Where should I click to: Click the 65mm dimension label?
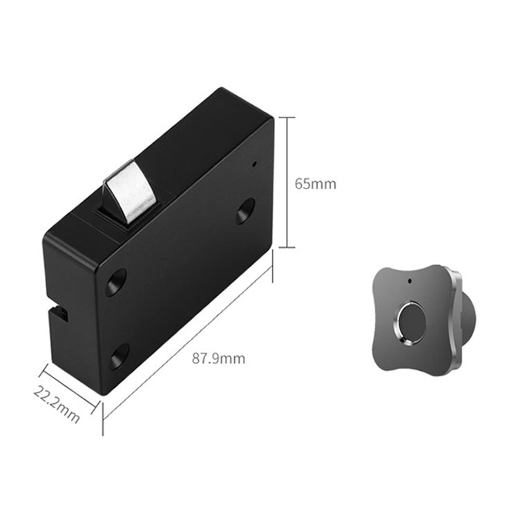click(x=315, y=184)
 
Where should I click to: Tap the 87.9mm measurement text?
click(x=218, y=358)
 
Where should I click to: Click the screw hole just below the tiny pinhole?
click(x=244, y=211)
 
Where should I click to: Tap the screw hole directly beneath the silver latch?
click(x=115, y=282)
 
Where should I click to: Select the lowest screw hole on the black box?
click(x=119, y=356)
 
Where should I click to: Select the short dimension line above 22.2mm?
click(x=69, y=386)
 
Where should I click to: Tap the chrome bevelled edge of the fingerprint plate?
click(x=456, y=311)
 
